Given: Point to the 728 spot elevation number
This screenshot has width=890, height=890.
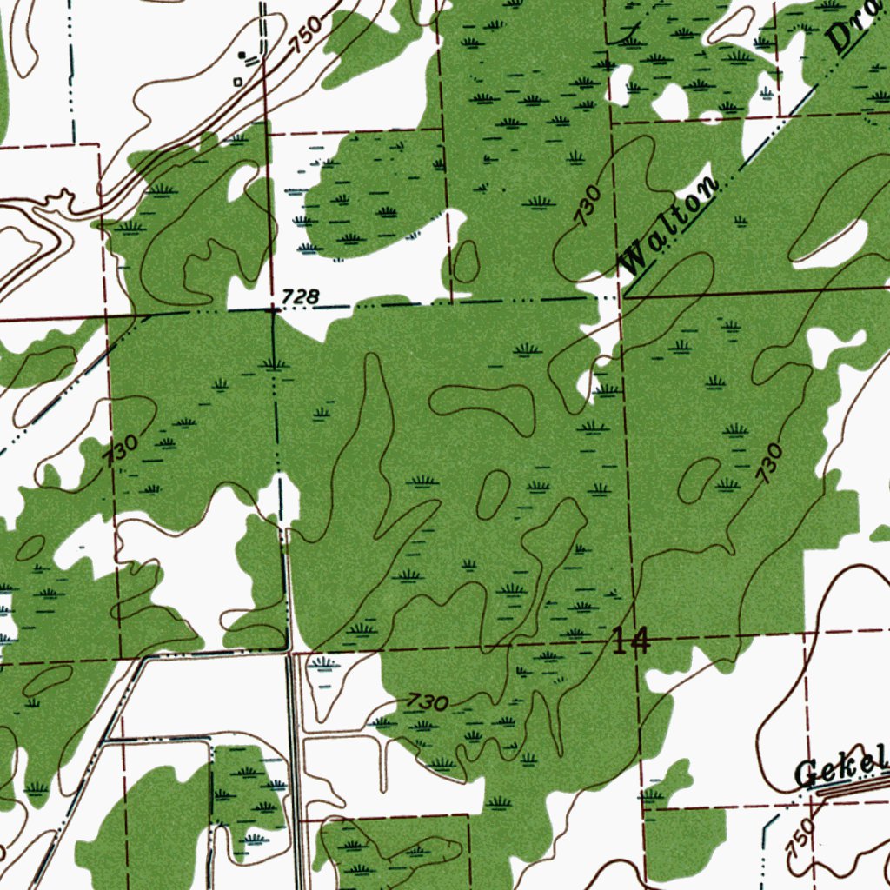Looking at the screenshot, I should (x=300, y=297).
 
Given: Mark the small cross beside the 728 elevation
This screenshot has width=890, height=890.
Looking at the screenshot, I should (x=273, y=309).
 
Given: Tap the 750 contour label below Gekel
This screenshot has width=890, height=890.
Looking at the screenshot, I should (x=803, y=837).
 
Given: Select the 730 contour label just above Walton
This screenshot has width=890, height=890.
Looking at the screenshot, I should (x=588, y=205).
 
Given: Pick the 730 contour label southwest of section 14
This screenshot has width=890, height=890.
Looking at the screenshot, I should (x=428, y=702).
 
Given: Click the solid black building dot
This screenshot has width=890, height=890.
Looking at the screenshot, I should (x=242, y=55).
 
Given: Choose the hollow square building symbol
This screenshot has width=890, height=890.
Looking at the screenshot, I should (x=238, y=81).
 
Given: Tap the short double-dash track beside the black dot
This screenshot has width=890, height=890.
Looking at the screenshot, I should (x=252, y=60).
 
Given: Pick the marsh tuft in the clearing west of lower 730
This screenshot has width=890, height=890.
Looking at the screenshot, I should (x=325, y=664).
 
